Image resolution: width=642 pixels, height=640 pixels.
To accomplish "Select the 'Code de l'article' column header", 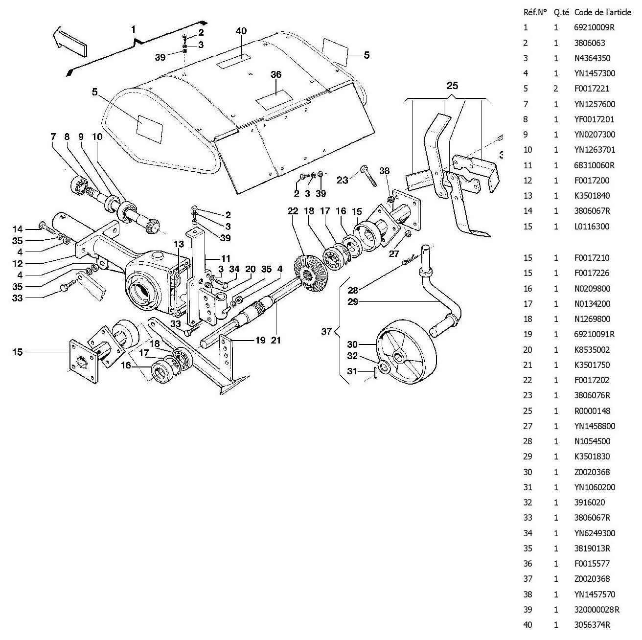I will (x=602, y=12).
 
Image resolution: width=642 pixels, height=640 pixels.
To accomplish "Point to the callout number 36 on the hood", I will (x=276, y=74).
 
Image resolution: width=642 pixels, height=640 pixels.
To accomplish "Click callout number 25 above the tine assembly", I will (x=453, y=86).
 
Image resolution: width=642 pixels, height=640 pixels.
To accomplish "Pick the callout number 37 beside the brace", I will (x=326, y=331).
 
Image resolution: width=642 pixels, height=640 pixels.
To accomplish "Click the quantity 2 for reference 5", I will (x=556, y=89).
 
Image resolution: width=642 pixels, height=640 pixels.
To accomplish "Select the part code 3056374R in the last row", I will (x=592, y=625).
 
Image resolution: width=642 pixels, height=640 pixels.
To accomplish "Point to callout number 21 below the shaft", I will (x=276, y=341).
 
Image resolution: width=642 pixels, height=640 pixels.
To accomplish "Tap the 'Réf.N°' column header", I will (x=534, y=12).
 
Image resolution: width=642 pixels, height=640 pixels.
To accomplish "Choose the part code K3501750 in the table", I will (x=592, y=365).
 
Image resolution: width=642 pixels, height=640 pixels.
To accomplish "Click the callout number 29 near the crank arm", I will (x=353, y=302).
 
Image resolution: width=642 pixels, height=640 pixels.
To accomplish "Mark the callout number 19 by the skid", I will (x=261, y=341).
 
